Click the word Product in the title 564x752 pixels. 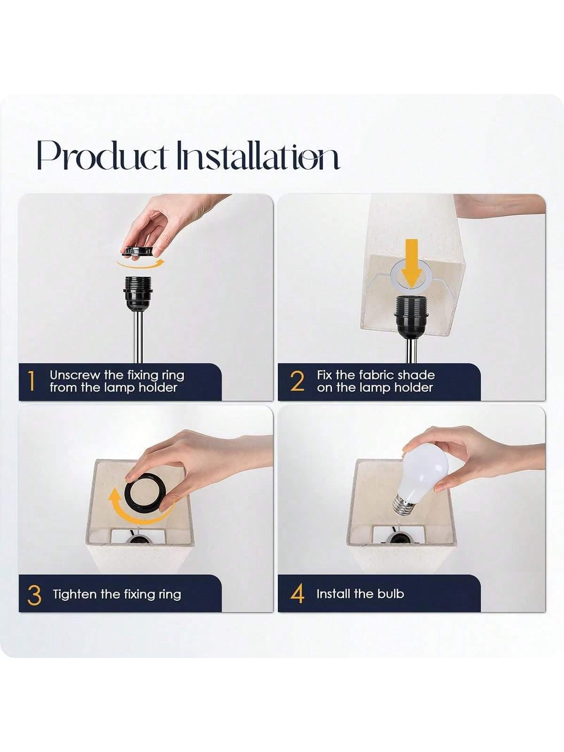[x=102, y=155]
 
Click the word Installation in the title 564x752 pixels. [x=258, y=155]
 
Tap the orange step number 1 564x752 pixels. [x=31, y=381]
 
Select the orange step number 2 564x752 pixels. [x=297, y=381]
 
